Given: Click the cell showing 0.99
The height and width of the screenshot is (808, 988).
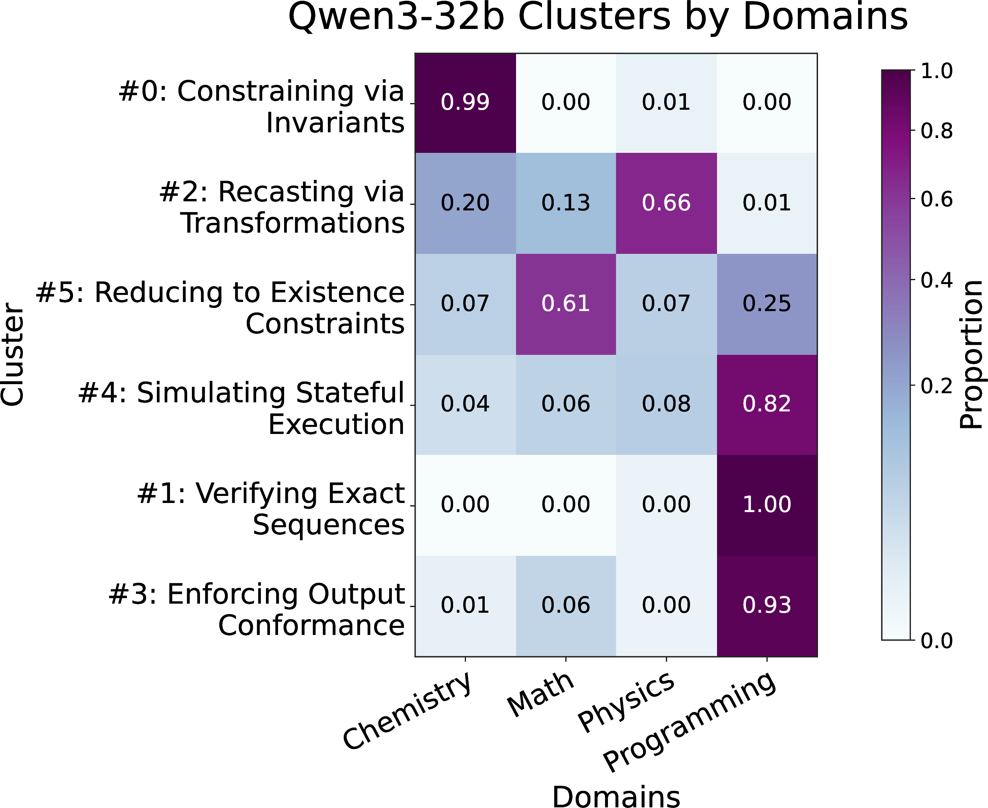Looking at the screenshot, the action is (x=465, y=103).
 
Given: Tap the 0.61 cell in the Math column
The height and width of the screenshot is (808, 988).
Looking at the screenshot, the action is (x=566, y=304).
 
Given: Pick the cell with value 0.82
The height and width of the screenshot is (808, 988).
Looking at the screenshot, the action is (x=766, y=404).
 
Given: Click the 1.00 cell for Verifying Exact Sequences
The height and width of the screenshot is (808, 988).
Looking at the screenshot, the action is (x=766, y=505).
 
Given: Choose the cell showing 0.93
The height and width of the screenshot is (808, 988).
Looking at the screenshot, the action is (x=766, y=606).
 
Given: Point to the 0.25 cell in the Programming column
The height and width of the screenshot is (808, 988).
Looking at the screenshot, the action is (x=766, y=304).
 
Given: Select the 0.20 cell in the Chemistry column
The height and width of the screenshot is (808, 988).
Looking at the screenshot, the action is (x=465, y=203).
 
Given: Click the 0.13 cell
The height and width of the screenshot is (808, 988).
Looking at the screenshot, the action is (x=566, y=203).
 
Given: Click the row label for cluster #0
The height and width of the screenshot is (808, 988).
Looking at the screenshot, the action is (x=262, y=107).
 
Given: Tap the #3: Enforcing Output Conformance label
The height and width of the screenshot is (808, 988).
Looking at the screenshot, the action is (x=257, y=609).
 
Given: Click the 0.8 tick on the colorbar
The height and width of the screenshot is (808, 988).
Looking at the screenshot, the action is (x=937, y=132).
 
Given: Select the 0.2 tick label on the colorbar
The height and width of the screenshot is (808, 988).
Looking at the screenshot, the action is (x=937, y=386).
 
